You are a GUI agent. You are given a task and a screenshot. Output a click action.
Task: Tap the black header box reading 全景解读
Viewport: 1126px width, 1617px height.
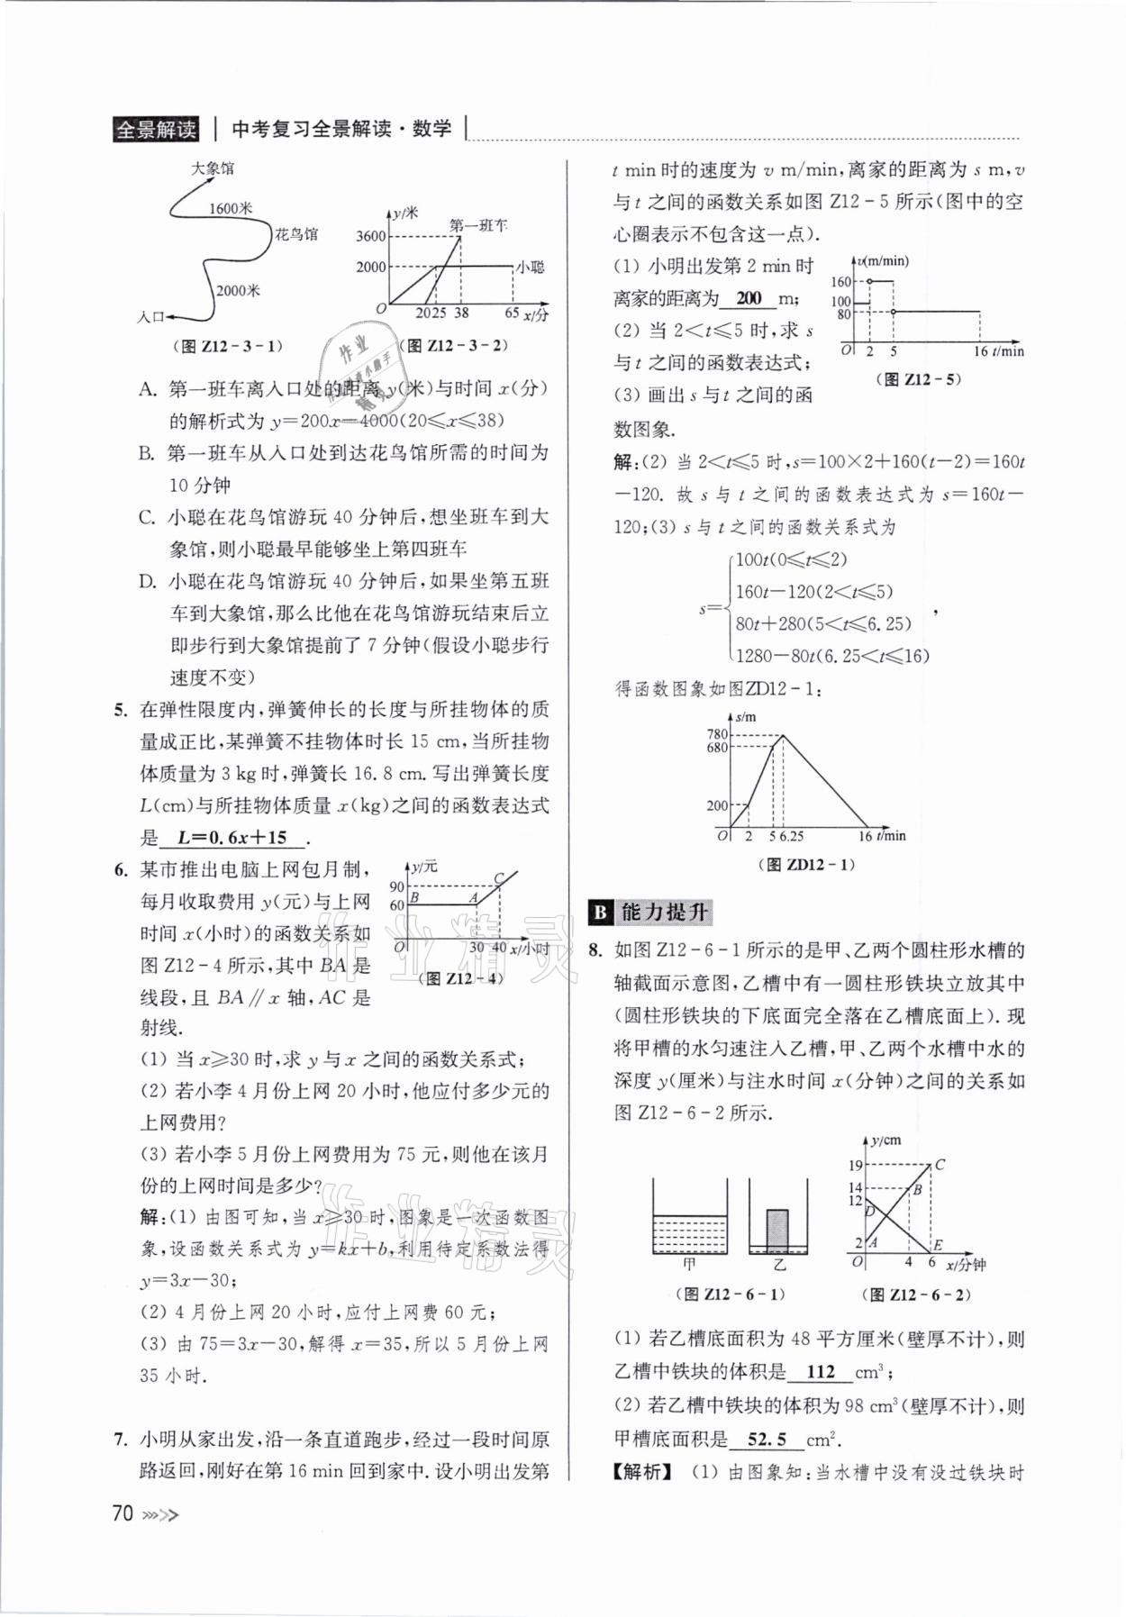tap(156, 129)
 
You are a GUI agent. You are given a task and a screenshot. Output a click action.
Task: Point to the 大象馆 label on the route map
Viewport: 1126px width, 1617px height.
tap(213, 168)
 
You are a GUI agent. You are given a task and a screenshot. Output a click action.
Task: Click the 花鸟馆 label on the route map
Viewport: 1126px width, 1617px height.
tap(296, 234)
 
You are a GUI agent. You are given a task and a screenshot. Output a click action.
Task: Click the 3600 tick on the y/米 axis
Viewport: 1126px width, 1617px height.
tap(370, 237)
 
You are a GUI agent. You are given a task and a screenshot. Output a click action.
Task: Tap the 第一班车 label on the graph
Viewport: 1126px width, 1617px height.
tap(477, 224)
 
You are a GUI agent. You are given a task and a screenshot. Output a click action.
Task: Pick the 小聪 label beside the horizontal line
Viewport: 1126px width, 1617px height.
tap(531, 268)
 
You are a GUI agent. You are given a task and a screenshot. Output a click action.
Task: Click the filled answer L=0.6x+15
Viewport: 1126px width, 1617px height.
tap(232, 837)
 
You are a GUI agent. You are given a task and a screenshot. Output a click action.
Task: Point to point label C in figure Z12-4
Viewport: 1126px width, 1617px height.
tap(498, 879)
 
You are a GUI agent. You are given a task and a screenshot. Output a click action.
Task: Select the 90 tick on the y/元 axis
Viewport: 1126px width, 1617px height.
tap(396, 886)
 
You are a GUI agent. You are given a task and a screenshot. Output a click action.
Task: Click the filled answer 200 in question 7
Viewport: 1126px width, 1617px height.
tap(749, 298)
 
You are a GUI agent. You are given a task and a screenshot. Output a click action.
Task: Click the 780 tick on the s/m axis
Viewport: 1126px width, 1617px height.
tap(717, 734)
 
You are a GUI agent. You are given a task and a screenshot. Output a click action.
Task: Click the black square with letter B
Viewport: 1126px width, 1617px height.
tap(600, 913)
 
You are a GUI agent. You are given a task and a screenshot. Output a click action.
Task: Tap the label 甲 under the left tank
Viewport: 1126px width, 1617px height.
tap(689, 1264)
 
